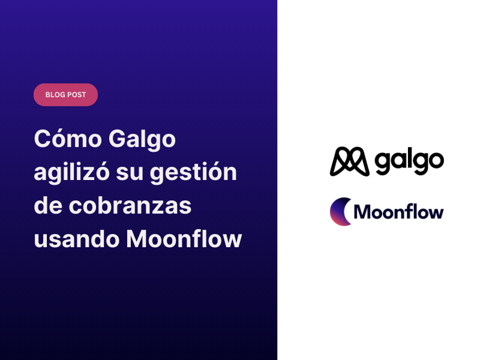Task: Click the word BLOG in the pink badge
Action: [55, 95]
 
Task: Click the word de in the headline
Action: [49, 206]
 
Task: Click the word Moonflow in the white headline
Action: [184, 239]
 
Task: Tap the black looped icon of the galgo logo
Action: [349, 161]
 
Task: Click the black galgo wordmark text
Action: [409, 160]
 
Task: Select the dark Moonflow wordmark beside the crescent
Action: [398, 212]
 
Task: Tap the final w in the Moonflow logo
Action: [436, 213]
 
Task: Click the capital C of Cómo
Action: [43, 140]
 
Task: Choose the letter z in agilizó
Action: [99, 175]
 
